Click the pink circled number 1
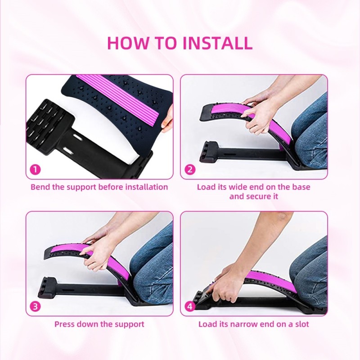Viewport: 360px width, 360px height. (35, 170)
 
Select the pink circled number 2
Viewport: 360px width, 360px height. (190, 170)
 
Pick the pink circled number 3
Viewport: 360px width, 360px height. (35, 307)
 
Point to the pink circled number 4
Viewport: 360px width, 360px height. (190, 307)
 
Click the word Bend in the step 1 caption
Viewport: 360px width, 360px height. (40, 187)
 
